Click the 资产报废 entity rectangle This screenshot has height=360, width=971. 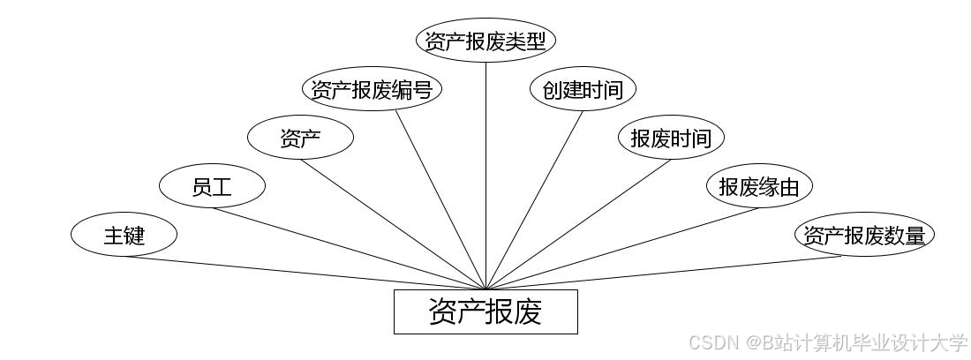485,311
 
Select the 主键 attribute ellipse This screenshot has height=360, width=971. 124,236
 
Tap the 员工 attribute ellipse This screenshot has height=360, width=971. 212,186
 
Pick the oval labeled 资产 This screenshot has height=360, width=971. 300,138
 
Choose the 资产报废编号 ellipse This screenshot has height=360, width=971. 372,89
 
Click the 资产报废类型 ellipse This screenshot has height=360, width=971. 485,41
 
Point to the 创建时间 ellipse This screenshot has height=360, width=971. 583,89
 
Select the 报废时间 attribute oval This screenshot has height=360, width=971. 671,138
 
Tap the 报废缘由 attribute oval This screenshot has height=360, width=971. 759,186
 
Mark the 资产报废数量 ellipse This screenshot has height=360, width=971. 865,236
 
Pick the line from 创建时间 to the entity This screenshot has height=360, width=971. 534,199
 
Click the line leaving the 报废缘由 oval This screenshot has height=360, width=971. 622,248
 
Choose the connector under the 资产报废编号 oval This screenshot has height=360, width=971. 440,199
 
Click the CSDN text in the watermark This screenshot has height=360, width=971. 713,342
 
